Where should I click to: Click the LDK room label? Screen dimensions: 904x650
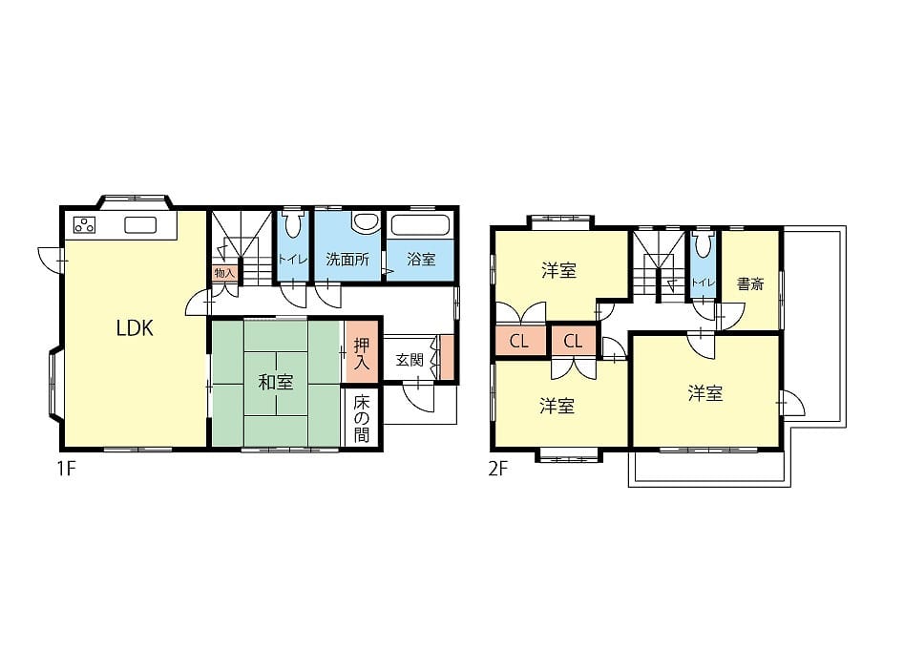click(135, 328)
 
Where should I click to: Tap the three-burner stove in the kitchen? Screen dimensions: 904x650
click(84, 224)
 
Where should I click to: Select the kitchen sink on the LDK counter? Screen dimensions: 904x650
click(140, 225)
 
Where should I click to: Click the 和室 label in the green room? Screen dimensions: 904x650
click(276, 382)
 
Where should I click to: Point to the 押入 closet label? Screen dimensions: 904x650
click(362, 354)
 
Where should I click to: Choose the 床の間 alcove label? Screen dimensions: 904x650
click(362, 418)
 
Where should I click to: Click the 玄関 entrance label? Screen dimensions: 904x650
click(410, 361)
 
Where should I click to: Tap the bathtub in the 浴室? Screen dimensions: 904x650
click(420, 225)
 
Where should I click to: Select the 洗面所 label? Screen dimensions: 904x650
click(347, 260)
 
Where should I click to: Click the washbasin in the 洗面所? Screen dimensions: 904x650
click(366, 223)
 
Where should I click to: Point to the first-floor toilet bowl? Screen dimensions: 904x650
click(293, 224)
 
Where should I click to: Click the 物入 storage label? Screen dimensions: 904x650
click(224, 273)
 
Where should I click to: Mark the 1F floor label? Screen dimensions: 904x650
click(66, 469)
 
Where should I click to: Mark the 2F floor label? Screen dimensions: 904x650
click(498, 469)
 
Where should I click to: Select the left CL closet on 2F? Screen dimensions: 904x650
click(519, 341)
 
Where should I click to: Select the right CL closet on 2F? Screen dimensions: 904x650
click(573, 341)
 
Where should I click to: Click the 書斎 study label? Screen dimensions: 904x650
click(750, 284)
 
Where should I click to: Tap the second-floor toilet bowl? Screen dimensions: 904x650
click(704, 244)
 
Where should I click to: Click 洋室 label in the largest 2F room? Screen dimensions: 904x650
click(705, 394)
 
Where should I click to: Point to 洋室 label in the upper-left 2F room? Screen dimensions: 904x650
click(559, 271)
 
